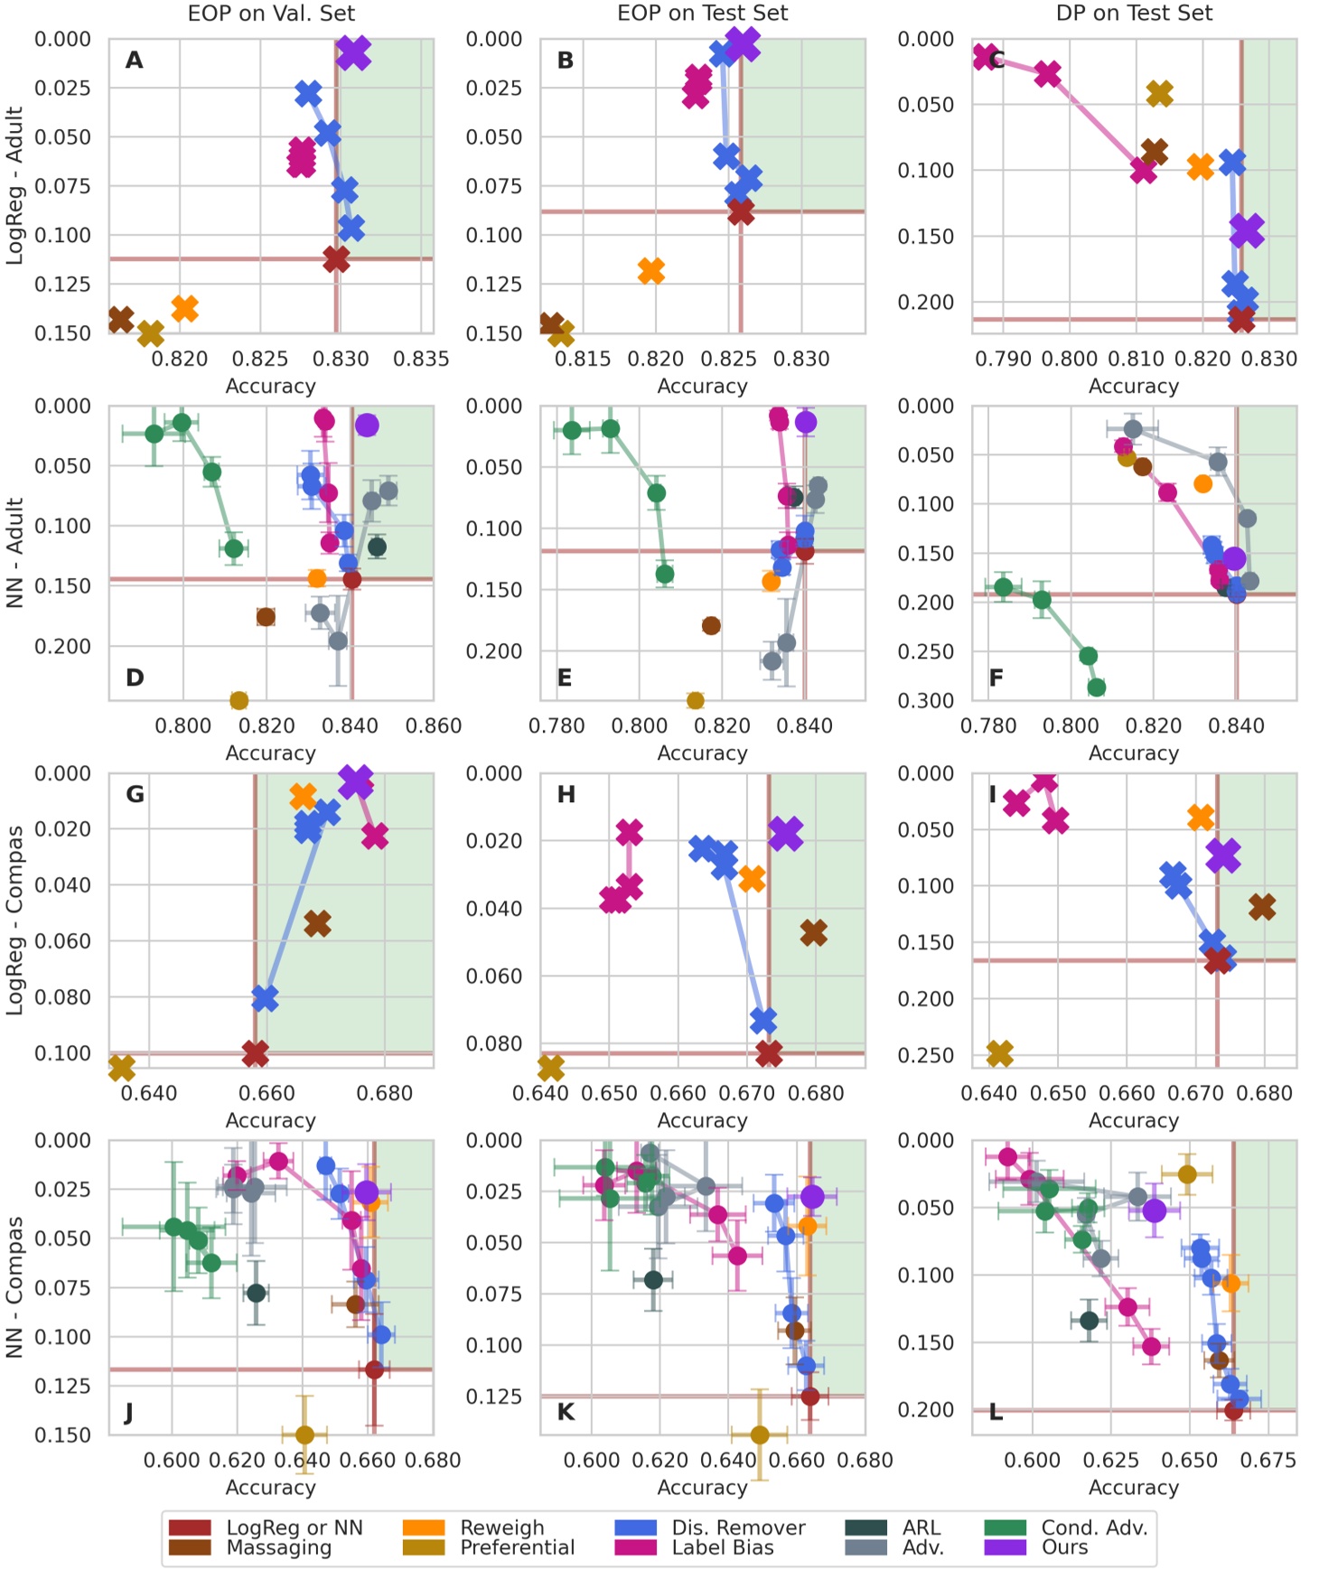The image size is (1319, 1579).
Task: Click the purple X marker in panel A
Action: (x=353, y=52)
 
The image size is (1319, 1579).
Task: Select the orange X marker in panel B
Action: (x=650, y=270)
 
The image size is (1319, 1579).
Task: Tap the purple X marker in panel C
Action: (x=1247, y=230)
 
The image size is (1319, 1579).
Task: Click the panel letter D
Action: (x=135, y=677)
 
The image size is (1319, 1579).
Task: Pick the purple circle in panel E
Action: (x=806, y=422)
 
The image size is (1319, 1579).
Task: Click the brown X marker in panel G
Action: (x=317, y=923)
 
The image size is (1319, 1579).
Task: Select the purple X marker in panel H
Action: (x=785, y=833)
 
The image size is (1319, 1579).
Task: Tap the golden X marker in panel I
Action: (x=999, y=1052)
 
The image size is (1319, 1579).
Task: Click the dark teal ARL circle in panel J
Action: (x=257, y=1293)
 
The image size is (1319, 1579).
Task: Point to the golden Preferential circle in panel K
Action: (x=760, y=1434)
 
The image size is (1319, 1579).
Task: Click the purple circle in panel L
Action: (x=1154, y=1210)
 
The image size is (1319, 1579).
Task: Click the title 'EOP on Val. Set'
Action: (x=271, y=14)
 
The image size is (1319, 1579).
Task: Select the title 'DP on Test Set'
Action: (x=1134, y=14)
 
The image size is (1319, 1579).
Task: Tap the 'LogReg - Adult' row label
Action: (x=14, y=185)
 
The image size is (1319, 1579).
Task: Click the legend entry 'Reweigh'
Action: (x=501, y=1528)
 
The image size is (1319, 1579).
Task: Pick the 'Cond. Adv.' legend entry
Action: (x=1093, y=1528)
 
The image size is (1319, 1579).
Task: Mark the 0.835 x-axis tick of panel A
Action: (x=421, y=359)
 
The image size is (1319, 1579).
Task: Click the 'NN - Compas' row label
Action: (x=14, y=1286)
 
